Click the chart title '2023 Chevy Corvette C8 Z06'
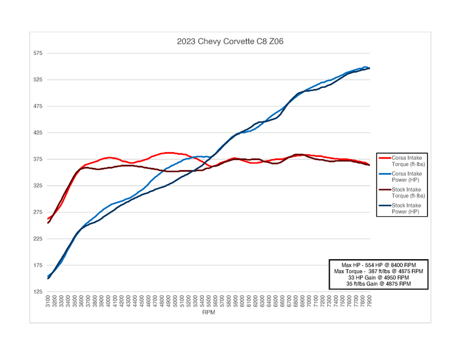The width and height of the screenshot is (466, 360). (x=230, y=42)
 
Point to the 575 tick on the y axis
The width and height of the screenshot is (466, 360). (x=38, y=53)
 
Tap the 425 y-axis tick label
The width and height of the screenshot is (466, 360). (x=38, y=133)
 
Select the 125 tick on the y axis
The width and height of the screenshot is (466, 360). (x=38, y=292)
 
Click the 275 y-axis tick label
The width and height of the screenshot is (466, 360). (x=38, y=212)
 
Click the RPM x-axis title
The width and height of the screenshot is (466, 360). (x=209, y=313)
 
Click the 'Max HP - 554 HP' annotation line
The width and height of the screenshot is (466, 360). (x=378, y=265)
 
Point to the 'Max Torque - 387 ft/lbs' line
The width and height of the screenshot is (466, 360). (x=378, y=271)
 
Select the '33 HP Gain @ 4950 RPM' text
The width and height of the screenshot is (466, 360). (x=378, y=278)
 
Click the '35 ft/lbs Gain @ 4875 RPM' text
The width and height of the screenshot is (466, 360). (x=378, y=284)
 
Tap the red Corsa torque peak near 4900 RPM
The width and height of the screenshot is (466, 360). (x=168, y=153)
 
